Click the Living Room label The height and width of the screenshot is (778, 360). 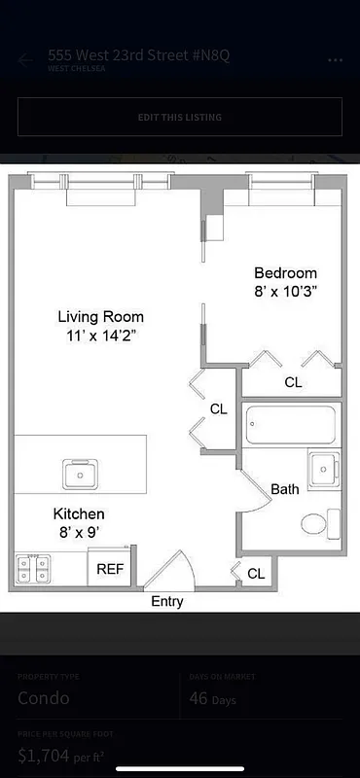tap(100, 317)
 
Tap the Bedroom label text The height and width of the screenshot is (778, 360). tap(285, 273)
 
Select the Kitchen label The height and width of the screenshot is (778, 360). tap(79, 513)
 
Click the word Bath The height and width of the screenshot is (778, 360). tap(285, 489)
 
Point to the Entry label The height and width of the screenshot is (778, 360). tap(166, 602)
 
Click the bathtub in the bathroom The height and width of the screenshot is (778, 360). tap(290, 424)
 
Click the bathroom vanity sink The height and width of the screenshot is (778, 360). tap(322, 469)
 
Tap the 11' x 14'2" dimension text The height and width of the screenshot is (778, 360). tap(100, 336)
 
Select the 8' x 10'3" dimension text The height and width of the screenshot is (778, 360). tap(285, 291)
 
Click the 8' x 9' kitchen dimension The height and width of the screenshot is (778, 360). tap(79, 532)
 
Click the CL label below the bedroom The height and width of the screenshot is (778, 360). tap(293, 383)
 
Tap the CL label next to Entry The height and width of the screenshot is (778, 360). tap(256, 574)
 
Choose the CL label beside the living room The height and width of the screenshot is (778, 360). tap(219, 409)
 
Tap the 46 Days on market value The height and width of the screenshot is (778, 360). tap(212, 698)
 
